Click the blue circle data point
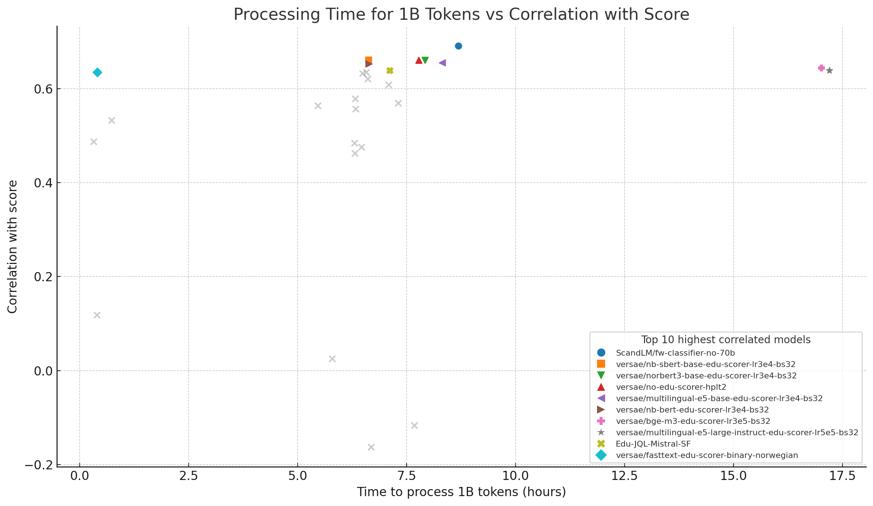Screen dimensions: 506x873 (x=458, y=46)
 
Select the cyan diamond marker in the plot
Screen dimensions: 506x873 (x=97, y=72)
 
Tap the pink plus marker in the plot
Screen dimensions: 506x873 (x=821, y=68)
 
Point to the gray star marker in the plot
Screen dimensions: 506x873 (x=829, y=70)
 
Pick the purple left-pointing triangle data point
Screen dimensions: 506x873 (x=442, y=63)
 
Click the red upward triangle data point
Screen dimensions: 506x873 (x=419, y=60)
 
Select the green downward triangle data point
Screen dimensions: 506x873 (x=425, y=60)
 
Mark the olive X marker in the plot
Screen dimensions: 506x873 (x=390, y=70)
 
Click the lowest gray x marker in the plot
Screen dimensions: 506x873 (x=371, y=447)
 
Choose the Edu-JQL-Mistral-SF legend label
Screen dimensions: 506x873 (x=653, y=444)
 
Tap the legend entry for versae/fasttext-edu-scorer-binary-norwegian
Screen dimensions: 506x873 (x=707, y=455)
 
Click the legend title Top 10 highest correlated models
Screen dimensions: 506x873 (x=725, y=340)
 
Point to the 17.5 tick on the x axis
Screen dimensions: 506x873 (x=842, y=476)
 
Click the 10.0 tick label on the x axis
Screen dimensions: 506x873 (x=515, y=476)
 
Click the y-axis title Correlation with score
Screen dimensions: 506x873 (x=12, y=246)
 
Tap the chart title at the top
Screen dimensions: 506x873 (x=461, y=15)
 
